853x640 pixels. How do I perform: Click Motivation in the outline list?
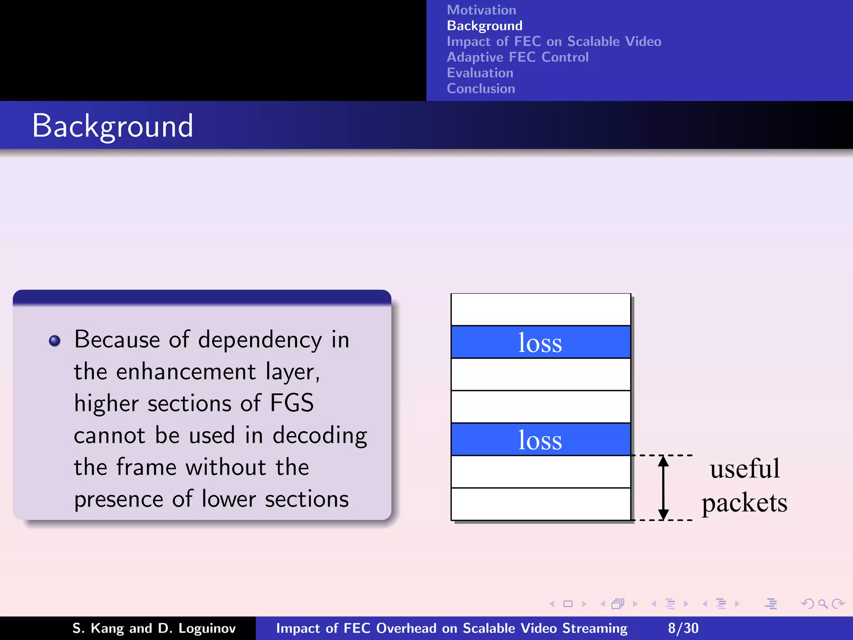481,10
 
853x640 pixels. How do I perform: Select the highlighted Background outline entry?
484,26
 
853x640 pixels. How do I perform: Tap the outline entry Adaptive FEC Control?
517,57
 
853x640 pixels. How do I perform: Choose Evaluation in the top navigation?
480,73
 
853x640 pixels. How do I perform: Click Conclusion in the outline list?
481,88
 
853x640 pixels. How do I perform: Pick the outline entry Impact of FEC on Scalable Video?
554,42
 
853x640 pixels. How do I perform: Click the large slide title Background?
112,126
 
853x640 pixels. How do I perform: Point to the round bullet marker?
55,341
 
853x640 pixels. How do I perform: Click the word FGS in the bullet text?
292,403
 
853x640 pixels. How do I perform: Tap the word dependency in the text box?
259,340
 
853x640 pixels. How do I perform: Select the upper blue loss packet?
540,342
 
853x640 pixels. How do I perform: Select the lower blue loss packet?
540,440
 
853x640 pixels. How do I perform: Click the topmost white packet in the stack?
540,310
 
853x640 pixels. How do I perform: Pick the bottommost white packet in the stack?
540,504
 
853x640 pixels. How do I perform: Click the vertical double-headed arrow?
663,487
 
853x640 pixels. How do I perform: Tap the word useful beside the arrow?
744,469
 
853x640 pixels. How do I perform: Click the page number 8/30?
683,628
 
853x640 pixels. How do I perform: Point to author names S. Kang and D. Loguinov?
154,628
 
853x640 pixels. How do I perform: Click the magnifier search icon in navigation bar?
823,604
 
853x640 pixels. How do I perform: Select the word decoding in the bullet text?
319,435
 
